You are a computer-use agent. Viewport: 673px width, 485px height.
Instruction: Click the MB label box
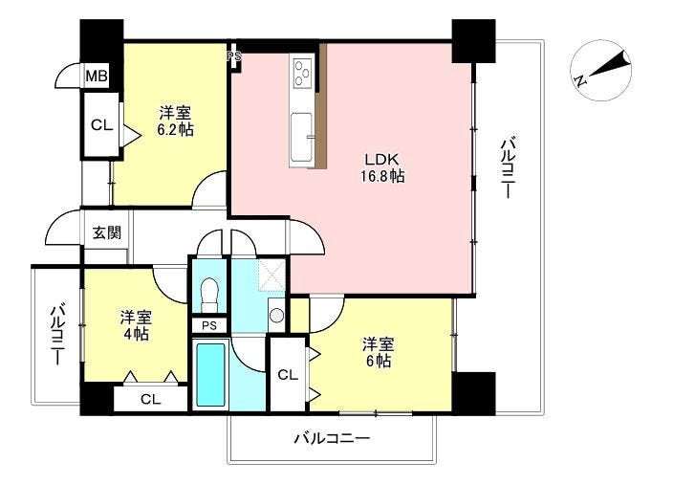pyautogui.click(x=98, y=77)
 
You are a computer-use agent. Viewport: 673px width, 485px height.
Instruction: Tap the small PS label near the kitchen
pyautogui.click(x=232, y=56)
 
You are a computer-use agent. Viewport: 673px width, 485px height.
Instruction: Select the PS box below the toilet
pyautogui.click(x=208, y=326)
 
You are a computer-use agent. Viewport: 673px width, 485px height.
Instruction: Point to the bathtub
pyautogui.click(x=210, y=376)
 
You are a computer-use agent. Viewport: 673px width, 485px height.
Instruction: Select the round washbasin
pyautogui.click(x=276, y=315)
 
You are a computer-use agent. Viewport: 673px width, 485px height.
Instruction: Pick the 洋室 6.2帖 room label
pyautogui.click(x=176, y=121)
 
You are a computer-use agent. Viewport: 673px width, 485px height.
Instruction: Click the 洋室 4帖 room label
pyautogui.click(x=135, y=324)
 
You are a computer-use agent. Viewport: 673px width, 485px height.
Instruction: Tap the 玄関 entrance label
pyautogui.click(x=106, y=231)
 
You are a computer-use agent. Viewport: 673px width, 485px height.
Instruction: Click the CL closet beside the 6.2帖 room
pyautogui.click(x=100, y=123)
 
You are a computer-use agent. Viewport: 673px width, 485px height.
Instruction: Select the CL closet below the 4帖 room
pyautogui.click(x=150, y=398)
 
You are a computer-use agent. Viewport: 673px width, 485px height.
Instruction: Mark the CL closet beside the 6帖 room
pyautogui.click(x=288, y=375)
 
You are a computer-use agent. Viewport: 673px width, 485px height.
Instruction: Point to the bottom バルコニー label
pyautogui.click(x=331, y=439)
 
